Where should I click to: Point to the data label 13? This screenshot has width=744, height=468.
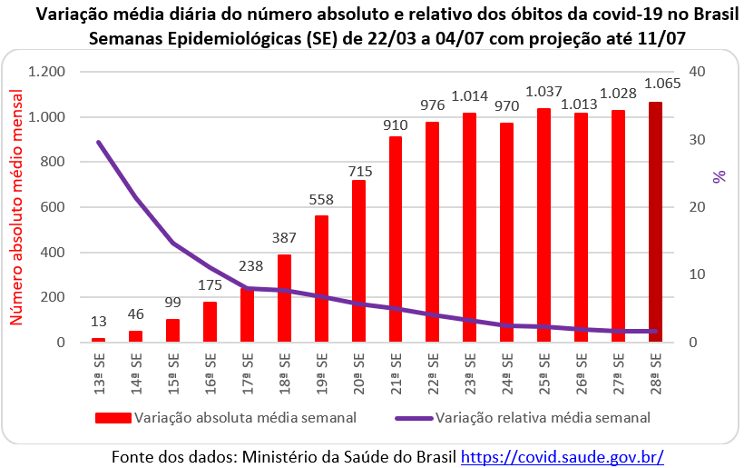click(98, 321)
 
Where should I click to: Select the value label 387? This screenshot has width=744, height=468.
click(284, 238)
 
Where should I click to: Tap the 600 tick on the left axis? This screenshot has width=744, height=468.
click(54, 207)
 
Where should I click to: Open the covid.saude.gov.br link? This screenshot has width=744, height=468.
click(563, 455)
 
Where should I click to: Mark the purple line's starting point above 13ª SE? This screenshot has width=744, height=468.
click(98, 142)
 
